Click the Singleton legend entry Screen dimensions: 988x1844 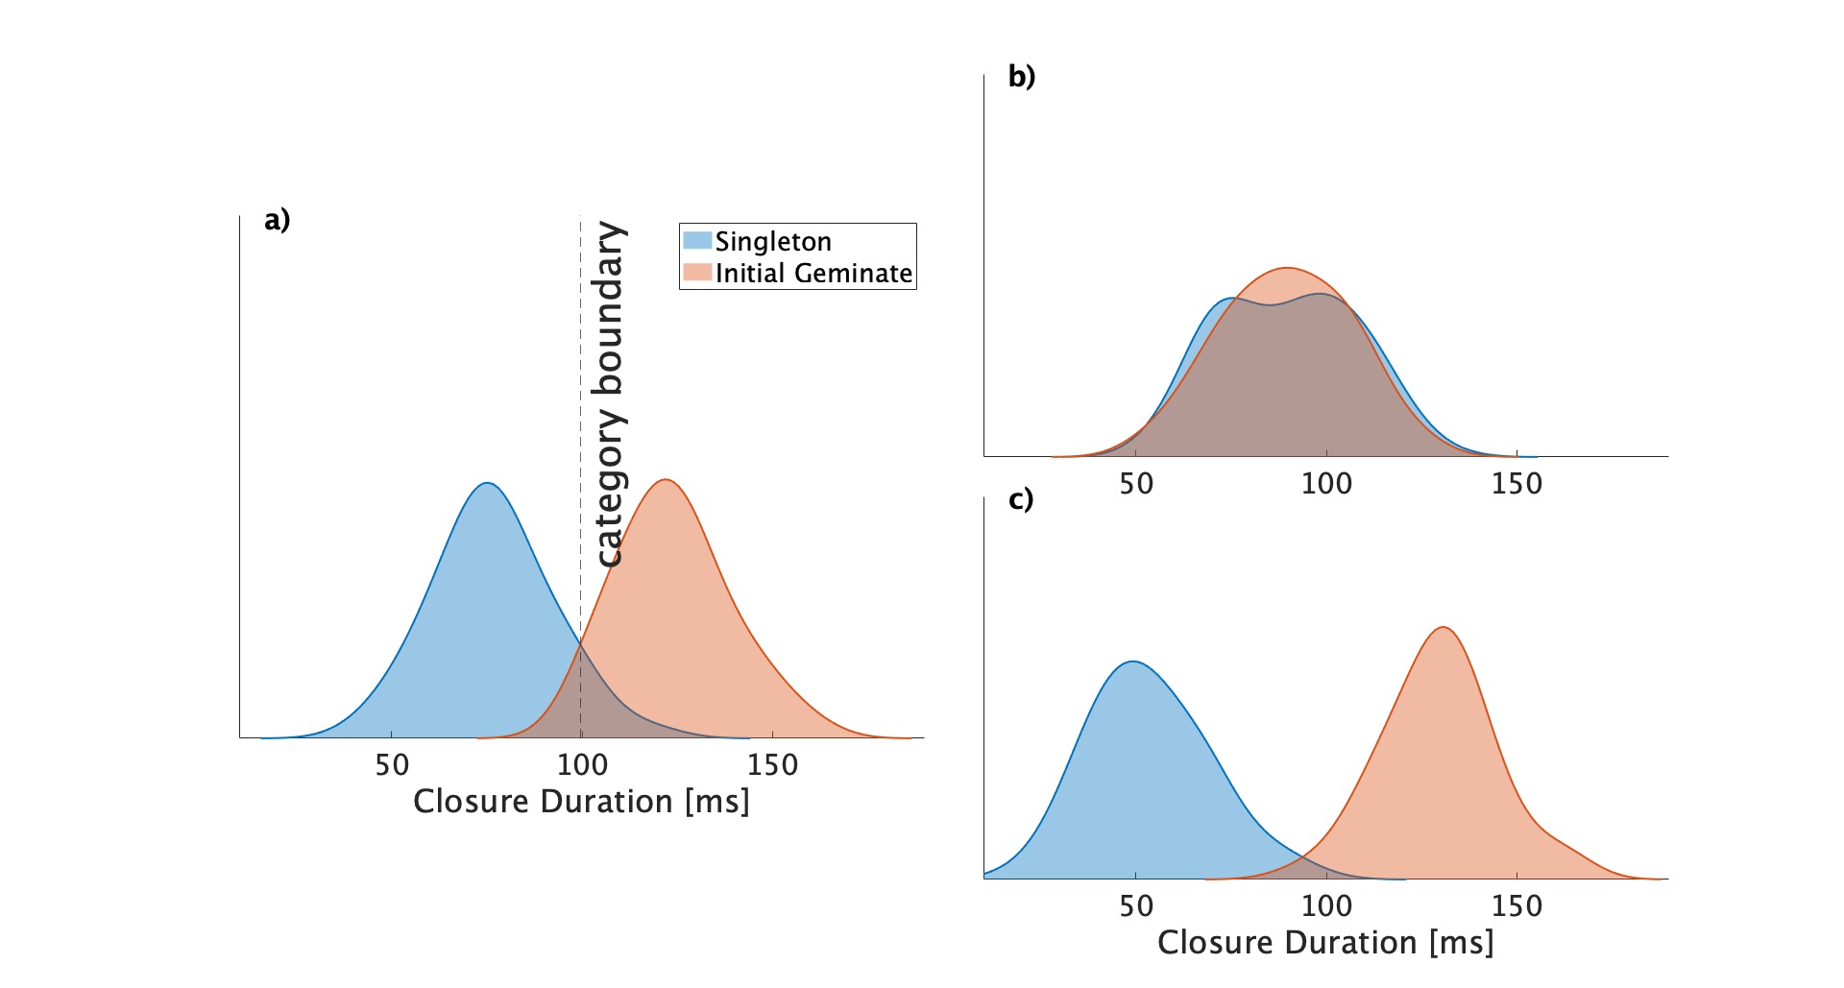[772, 241]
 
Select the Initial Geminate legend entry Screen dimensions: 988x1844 [813, 273]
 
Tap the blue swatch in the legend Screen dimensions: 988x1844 [696, 240]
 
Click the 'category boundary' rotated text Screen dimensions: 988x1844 [610, 394]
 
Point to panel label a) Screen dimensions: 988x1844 [277, 220]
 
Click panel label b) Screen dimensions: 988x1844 [1022, 76]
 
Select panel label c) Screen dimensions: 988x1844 [1021, 499]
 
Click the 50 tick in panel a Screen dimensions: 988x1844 [392, 765]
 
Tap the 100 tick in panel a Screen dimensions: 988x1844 [582, 765]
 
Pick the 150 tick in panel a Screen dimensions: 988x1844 [772, 765]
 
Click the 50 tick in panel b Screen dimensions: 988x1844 [1136, 483]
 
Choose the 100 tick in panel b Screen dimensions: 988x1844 [1326, 483]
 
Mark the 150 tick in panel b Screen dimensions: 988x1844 [1516, 483]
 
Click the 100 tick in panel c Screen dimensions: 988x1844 [1326, 905]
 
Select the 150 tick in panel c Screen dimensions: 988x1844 [1516, 905]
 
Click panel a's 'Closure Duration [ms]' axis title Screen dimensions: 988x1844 [581, 802]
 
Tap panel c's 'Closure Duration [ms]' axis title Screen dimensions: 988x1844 [1325, 943]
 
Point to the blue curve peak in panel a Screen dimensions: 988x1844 [488, 483]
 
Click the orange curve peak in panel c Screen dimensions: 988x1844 [1443, 628]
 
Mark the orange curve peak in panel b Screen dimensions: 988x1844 [1287, 268]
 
